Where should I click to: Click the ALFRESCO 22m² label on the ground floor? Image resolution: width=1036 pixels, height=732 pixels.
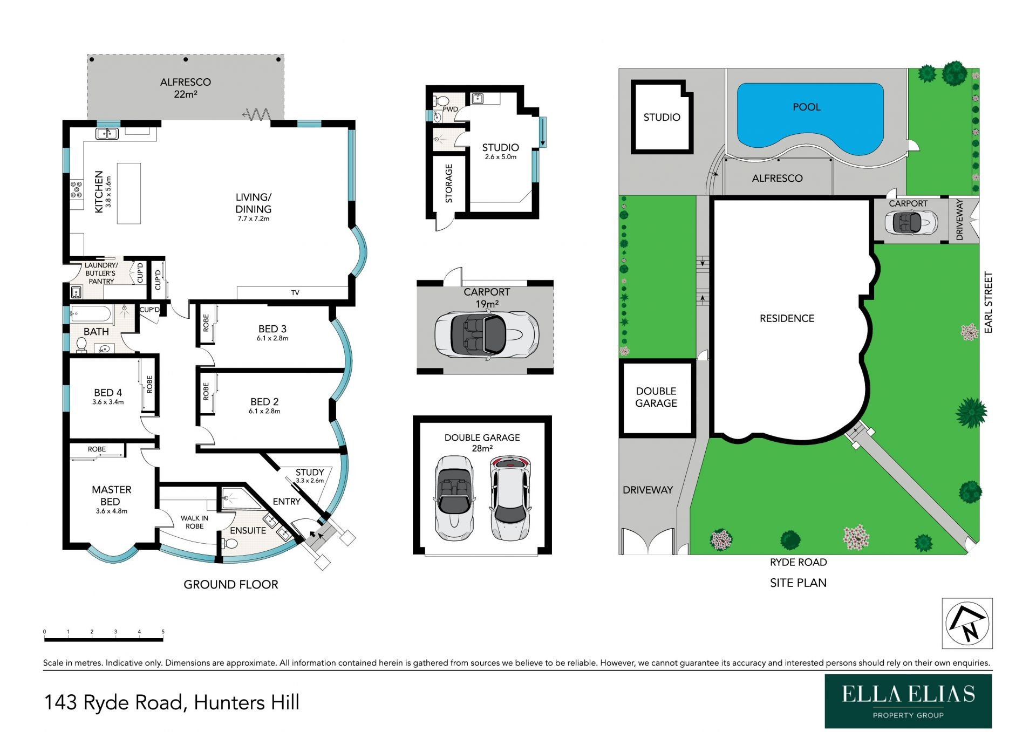pyautogui.click(x=185, y=88)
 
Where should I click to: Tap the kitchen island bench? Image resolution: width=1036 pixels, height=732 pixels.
pyautogui.click(x=129, y=193)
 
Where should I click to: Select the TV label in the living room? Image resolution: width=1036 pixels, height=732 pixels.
pyautogui.click(x=295, y=293)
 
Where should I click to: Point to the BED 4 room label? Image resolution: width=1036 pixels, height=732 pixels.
pyautogui.click(x=108, y=396)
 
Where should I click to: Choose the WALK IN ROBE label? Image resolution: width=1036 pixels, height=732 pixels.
pyautogui.click(x=194, y=522)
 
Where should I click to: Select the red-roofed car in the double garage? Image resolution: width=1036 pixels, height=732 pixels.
pyautogui.click(x=510, y=498)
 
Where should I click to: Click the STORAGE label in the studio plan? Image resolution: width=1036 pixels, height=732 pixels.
pyautogui.click(x=449, y=183)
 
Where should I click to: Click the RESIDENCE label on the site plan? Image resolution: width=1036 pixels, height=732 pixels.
pyautogui.click(x=787, y=318)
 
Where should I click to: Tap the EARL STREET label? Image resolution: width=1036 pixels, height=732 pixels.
pyautogui.click(x=988, y=302)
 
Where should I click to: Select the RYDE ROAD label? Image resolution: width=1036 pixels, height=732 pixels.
pyautogui.click(x=798, y=562)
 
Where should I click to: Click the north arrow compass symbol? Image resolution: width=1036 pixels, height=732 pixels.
pyautogui.click(x=967, y=623)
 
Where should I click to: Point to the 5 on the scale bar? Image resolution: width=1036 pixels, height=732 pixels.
pyautogui.click(x=163, y=632)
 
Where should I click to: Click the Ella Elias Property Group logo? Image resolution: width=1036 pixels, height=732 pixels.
pyautogui.click(x=908, y=701)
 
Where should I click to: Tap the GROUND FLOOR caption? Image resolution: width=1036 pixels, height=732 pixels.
pyautogui.click(x=231, y=584)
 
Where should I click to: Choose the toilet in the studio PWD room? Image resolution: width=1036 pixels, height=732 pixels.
pyautogui.click(x=442, y=101)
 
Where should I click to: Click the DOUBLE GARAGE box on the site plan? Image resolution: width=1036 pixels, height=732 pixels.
pyautogui.click(x=656, y=397)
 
